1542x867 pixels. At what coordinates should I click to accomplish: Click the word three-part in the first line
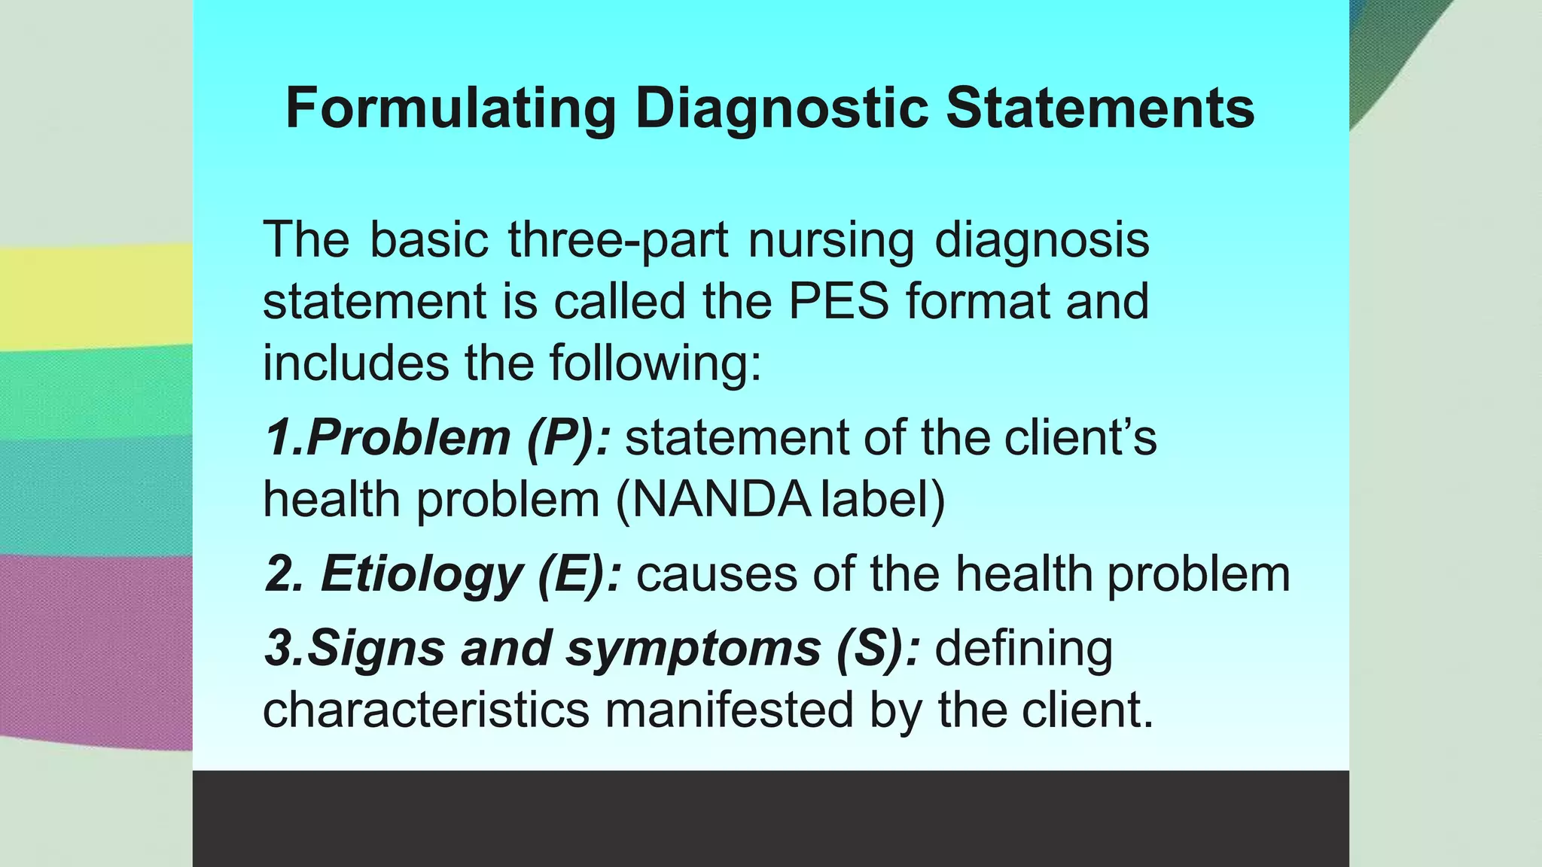[617, 241]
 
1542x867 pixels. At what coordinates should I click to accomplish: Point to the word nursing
[830, 241]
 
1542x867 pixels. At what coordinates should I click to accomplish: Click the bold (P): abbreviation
[568, 438]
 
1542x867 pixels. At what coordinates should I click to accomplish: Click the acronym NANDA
[721, 500]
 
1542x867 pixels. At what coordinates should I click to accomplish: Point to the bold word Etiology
[421, 575]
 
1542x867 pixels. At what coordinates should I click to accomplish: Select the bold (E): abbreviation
[580, 575]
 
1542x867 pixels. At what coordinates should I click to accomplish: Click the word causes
[716, 575]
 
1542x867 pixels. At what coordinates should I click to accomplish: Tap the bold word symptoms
[693, 649]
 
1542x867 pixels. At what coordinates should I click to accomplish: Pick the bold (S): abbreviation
[878, 649]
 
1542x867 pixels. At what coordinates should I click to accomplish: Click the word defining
[1023, 649]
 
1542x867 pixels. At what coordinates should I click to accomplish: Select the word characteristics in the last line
[425, 710]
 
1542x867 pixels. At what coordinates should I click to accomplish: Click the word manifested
[729, 710]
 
